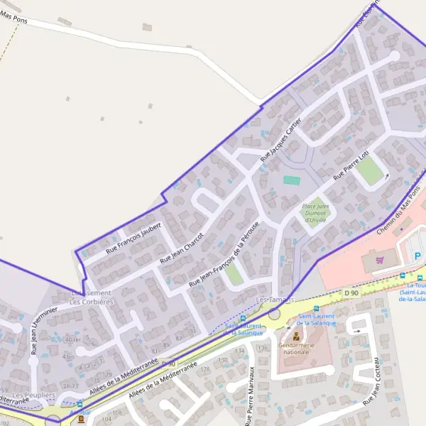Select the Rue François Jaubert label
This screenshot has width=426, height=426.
click(133, 238)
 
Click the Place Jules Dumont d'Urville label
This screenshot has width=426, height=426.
click(317, 212)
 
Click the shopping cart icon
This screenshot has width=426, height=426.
click(380, 261)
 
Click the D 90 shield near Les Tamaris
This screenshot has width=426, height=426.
click(351, 293)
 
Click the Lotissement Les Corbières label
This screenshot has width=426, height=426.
click(92, 297)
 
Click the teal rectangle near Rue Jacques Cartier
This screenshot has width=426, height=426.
click(291, 180)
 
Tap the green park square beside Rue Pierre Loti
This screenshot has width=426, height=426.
click(369, 171)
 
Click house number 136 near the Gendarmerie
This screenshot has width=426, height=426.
click(262, 347)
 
